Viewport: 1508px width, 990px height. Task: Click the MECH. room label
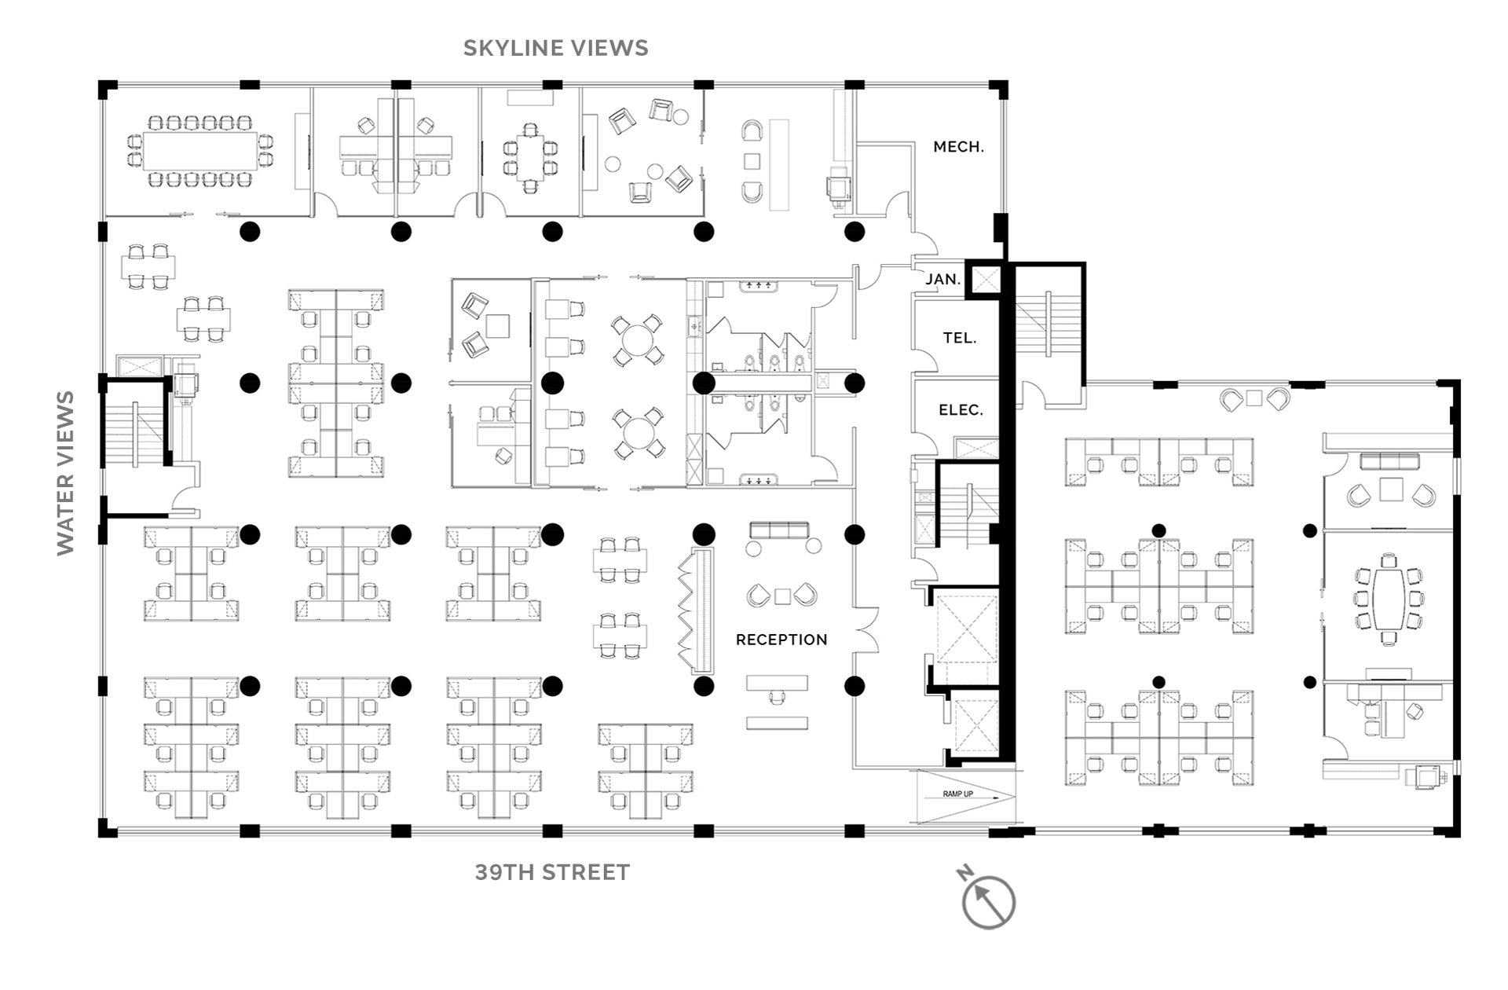tap(958, 147)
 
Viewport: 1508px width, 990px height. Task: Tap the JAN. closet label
tap(942, 279)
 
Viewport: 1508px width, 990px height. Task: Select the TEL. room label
tap(960, 338)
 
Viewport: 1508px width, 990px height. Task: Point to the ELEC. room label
tap(961, 410)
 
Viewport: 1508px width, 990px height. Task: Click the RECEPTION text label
tap(781, 640)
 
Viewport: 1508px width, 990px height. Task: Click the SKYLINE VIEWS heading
tap(556, 48)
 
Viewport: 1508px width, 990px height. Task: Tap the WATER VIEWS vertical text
tap(65, 473)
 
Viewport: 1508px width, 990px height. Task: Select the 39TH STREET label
tap(552, 872)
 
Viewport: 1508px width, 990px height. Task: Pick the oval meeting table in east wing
tap(1389, 599)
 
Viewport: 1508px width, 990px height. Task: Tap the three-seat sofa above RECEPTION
tap(779, 530)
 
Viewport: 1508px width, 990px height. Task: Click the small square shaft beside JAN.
tap(986, 279)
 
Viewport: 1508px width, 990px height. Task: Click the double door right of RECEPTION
tap(866, 629)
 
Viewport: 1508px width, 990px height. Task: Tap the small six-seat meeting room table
tap(531, 158)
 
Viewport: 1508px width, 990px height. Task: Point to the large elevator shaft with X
tap(967, 629)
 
